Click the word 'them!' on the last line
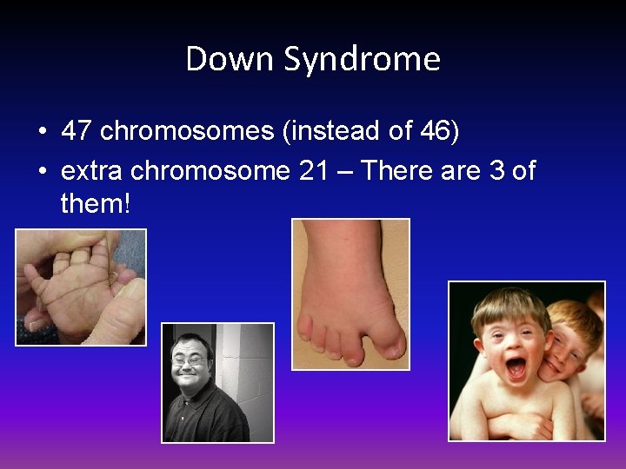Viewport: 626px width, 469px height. (95, 204)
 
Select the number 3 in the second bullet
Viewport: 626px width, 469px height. (496, 171)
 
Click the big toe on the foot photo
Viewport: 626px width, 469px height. (390, 343)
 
